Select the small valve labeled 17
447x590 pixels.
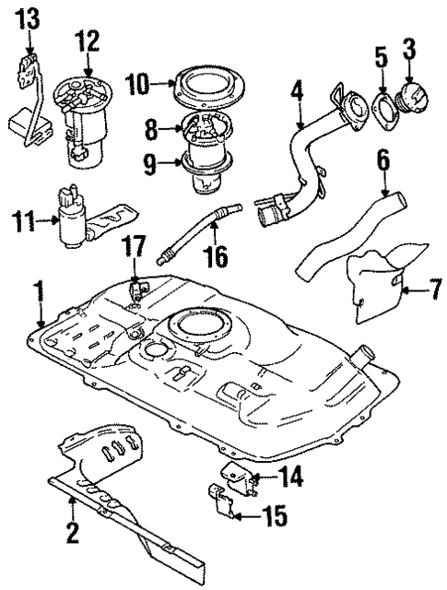pos(138,289)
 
